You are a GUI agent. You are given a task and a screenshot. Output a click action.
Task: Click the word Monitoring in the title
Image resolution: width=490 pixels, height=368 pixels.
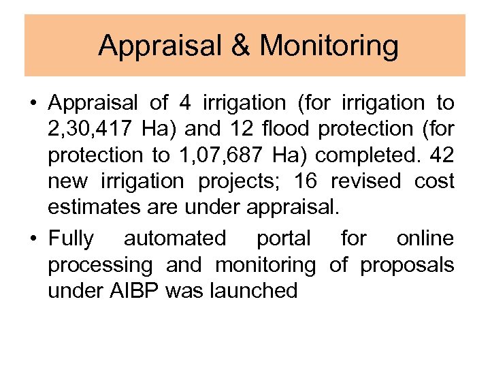pos(329,46)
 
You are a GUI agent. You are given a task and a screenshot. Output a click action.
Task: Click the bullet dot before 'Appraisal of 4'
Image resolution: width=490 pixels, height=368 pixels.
pos(32,104)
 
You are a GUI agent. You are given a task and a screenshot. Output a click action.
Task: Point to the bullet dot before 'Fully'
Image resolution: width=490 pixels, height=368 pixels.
pos(32,239)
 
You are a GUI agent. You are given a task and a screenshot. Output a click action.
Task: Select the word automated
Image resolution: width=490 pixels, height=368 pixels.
pos(174,239)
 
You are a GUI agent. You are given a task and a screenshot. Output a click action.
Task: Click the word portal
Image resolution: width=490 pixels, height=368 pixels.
pos(283,239)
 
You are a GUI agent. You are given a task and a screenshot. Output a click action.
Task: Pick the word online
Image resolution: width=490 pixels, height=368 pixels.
pos(425,239)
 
